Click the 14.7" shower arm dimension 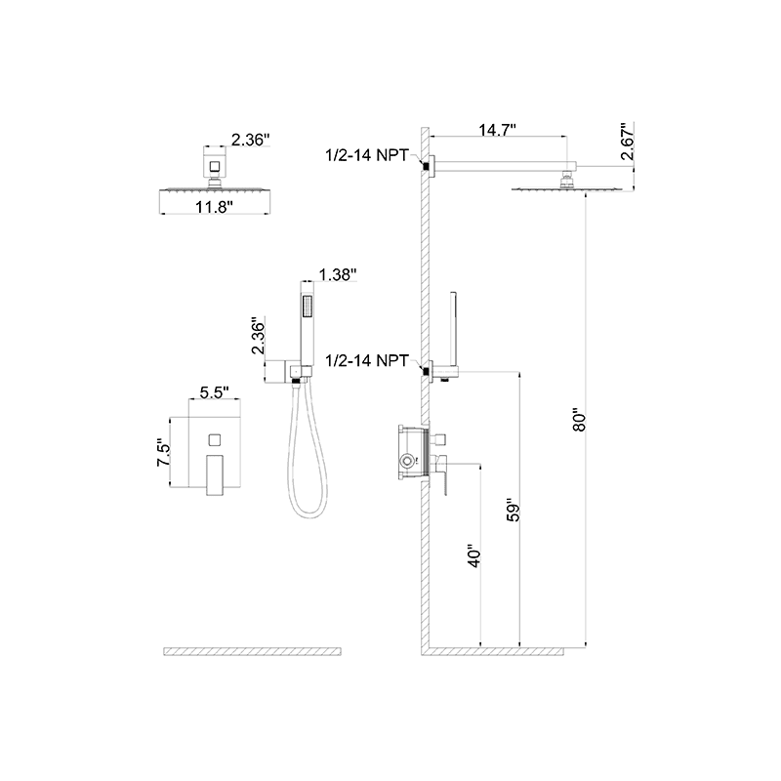pyautogui.click(x=498, y=128)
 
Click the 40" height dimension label pyautogui.click(x=474, y=557)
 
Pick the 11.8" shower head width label pyautogui.click(x=213, y=207)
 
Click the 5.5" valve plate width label pyautogui.click(x=214, y=392)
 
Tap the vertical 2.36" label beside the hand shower pyautogui.click(x=258, y=335)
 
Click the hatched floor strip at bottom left pyautogui.click(x=253, y=649)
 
